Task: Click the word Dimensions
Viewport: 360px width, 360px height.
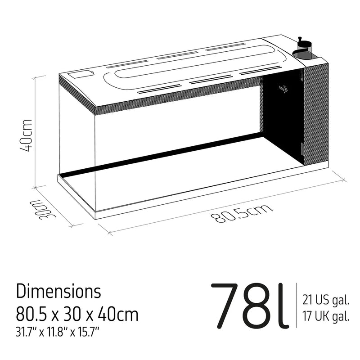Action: pos(58,292)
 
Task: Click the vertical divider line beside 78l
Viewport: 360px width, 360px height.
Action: pos(296,306)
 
